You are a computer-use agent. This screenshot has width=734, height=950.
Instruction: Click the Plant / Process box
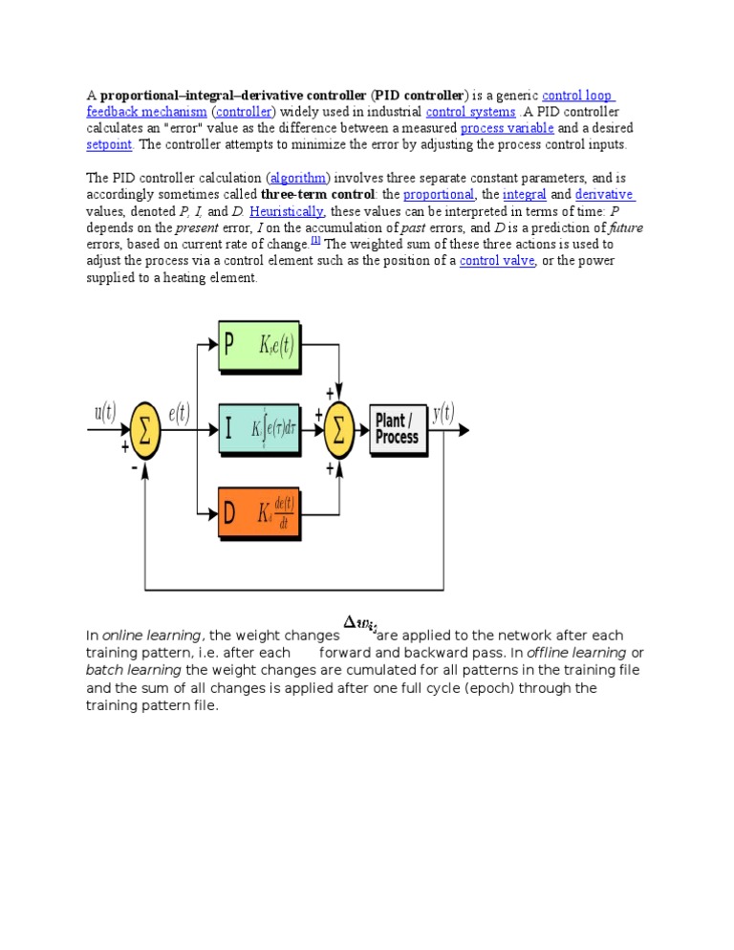397,428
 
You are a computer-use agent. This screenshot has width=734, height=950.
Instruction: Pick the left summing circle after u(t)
145,429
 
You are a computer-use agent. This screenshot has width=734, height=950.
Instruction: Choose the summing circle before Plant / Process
338,429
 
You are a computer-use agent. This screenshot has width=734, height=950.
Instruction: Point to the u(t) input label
105,413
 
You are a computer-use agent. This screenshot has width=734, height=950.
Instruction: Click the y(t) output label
443,413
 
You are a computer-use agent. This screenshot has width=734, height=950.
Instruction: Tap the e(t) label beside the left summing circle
178,414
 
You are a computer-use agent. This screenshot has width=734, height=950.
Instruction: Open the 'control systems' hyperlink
470,112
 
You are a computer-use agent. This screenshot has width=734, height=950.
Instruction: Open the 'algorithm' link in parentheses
299,178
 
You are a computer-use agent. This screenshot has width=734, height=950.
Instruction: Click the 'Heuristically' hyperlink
287,211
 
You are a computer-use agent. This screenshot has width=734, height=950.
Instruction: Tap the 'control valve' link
497,261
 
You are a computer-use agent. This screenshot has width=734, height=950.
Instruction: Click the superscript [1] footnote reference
315,241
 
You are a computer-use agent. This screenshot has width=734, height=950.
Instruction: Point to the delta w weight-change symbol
358,626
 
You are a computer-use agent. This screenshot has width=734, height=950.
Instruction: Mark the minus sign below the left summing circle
133,468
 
